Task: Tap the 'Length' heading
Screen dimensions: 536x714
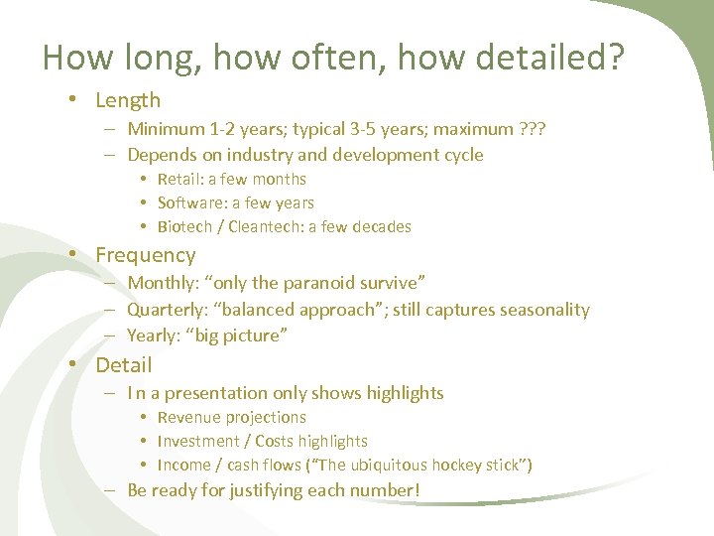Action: (x=128, y=100)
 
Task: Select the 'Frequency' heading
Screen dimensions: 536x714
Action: (x=146, y=255)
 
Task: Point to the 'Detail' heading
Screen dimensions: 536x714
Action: (x=124, y=365)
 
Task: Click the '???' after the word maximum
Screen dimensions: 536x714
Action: (x=532, y=129)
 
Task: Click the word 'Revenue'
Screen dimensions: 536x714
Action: (x=188, y=418)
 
